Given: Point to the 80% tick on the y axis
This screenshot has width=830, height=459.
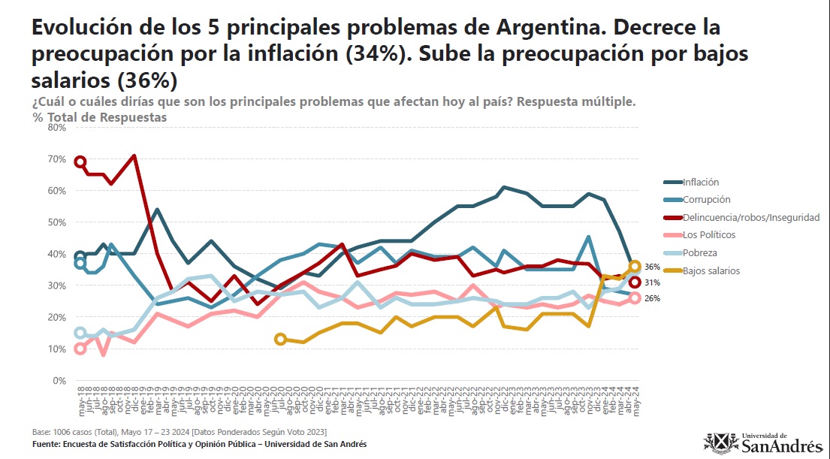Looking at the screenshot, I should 57,128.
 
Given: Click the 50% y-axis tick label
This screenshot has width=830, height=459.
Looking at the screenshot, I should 57,222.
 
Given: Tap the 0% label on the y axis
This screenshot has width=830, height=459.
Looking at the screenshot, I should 60,381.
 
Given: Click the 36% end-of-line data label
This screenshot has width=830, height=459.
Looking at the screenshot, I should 652,267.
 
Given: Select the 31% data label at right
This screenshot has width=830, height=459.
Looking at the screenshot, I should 652,282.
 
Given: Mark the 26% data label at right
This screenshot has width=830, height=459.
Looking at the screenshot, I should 652,298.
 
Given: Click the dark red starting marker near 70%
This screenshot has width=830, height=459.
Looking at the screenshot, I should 80,162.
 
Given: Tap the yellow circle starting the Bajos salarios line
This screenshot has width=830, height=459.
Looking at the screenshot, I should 280,340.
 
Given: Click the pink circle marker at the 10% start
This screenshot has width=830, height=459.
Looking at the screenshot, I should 80,349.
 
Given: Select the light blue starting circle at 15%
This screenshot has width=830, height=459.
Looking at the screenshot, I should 80,333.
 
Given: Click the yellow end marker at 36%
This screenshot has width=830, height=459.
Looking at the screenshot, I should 635,266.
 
